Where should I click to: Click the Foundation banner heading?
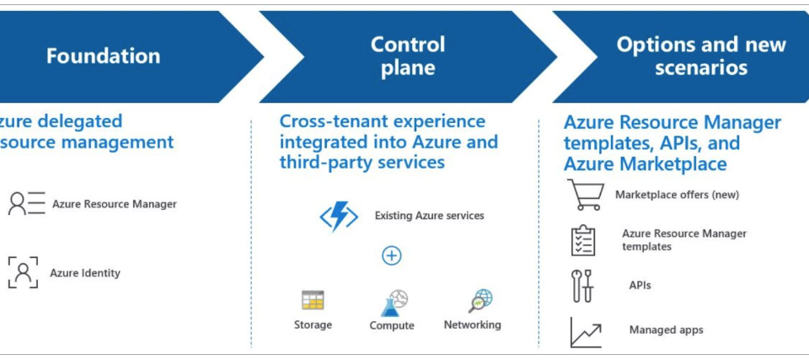click(103, 56)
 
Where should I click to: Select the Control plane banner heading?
click(408, 56)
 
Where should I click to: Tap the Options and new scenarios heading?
click(701, 56)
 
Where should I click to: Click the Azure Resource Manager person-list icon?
click(26, 204)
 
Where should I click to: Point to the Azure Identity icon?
click(24, 272)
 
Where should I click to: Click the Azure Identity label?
click(85, 273)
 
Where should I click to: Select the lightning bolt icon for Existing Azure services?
click(339, 217)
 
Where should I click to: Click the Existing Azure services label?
click(429, 216)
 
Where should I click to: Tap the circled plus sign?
click(392, 255)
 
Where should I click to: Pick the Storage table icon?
click(313, 300)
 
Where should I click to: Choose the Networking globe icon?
click(481, 300)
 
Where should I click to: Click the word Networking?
click(472, 325)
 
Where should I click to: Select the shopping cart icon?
click(585, 194)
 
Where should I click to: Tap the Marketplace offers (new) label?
click(677, 195)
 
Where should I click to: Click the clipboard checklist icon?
click(583, 240)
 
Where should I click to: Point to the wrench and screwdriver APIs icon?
click(582, 286)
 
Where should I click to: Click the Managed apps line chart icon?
click(585, 331)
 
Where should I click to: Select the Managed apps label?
click(666, 330)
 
